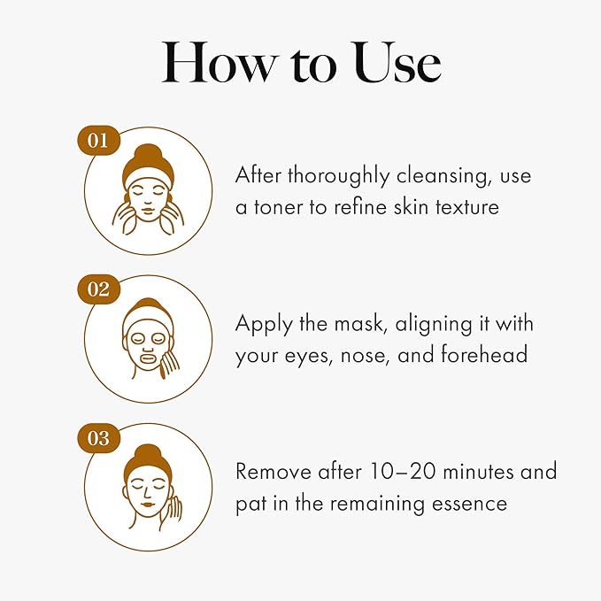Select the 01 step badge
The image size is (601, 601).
coord(97,140)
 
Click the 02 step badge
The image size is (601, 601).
coord(97,289)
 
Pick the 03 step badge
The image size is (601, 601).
coord(97,437)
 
